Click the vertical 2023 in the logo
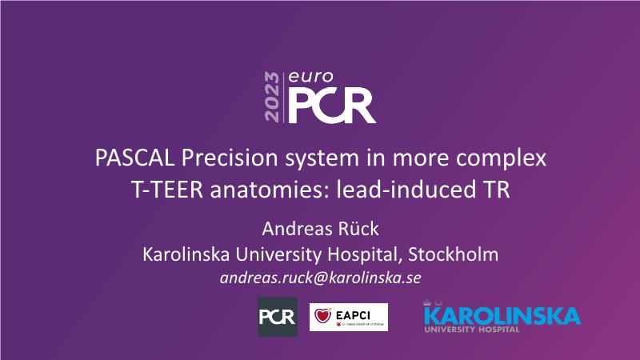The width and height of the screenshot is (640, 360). [x=272, y=97]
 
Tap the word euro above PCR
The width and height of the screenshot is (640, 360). [x=310, y=77]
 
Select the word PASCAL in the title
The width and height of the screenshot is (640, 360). [x=134, y=158]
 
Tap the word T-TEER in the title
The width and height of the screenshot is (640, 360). [x=167, y=190]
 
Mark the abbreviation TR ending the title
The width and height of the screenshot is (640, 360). [x=497, y=190]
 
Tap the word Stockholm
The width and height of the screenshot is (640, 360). [x=453, y=254]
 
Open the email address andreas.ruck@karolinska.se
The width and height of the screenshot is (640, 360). [x=321, y=278]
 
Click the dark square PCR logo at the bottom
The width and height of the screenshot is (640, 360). [x=278, y=317]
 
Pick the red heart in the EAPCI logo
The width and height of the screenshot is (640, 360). [x=322, y=316]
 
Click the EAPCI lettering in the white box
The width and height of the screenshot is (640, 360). [x=353, y=315]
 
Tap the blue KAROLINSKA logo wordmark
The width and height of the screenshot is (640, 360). [x=502, y=315]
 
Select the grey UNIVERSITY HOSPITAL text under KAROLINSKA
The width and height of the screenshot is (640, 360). [x=472, y=330]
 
